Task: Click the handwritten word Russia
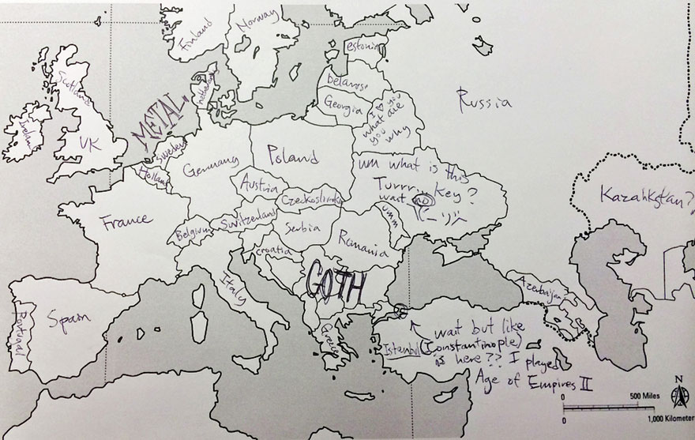click(484, 100)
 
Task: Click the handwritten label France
click(125, 220)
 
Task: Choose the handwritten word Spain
click(68, 318)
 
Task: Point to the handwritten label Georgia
click(343, 105)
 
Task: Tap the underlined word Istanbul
click(403, 348)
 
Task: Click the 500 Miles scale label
click(644, 394)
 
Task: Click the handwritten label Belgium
click(193, 232)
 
